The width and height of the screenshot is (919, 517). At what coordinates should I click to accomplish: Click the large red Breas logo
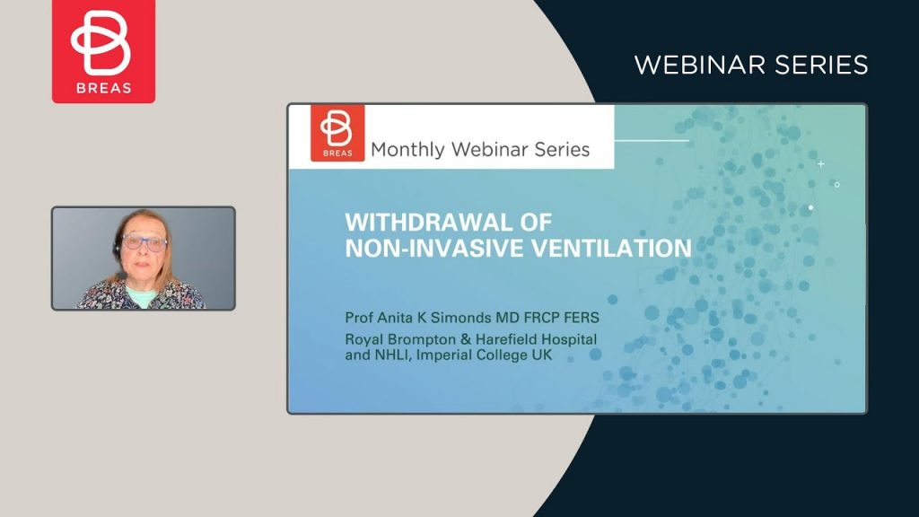(x=104, y=51)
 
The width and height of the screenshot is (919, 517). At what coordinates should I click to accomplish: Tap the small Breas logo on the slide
(x=337, y=133)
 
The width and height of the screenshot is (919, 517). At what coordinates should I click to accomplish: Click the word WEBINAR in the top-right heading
(x=701, y=65)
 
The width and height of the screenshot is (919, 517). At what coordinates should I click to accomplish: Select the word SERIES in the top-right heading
(x=822, y=65)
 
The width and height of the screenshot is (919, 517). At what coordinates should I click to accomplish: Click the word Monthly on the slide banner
(x=408, y=150)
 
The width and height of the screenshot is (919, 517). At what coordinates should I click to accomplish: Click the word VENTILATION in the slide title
(x=611, y=248)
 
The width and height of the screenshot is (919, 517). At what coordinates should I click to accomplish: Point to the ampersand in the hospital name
(x=466, y=340)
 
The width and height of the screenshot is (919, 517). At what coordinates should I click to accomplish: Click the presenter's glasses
(x=144, y=242)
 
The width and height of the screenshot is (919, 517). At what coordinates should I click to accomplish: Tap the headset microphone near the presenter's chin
(x=121, y=276)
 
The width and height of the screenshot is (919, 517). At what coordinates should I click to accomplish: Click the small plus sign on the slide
(x=821, y=164)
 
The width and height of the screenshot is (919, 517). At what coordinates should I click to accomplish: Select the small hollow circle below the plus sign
(x=837, y=185)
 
